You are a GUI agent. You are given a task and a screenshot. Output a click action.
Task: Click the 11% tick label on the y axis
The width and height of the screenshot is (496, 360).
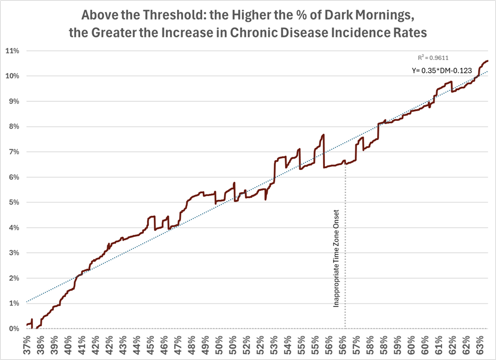pyautogui.click(x=12, y=51)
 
